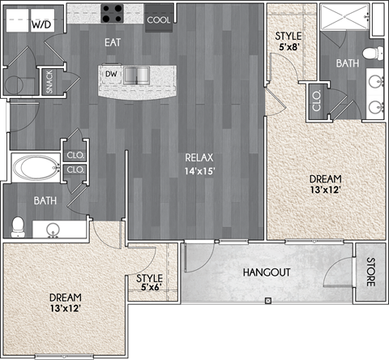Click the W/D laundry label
coord(40,25)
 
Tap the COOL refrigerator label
coord(160,20)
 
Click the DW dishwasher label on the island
coord(111,75)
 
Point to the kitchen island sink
coord(138,75)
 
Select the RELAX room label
coord(199,157)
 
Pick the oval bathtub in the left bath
coord(36,168)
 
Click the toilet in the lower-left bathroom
coord(19,224)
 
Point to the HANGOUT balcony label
coord(267,272)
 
